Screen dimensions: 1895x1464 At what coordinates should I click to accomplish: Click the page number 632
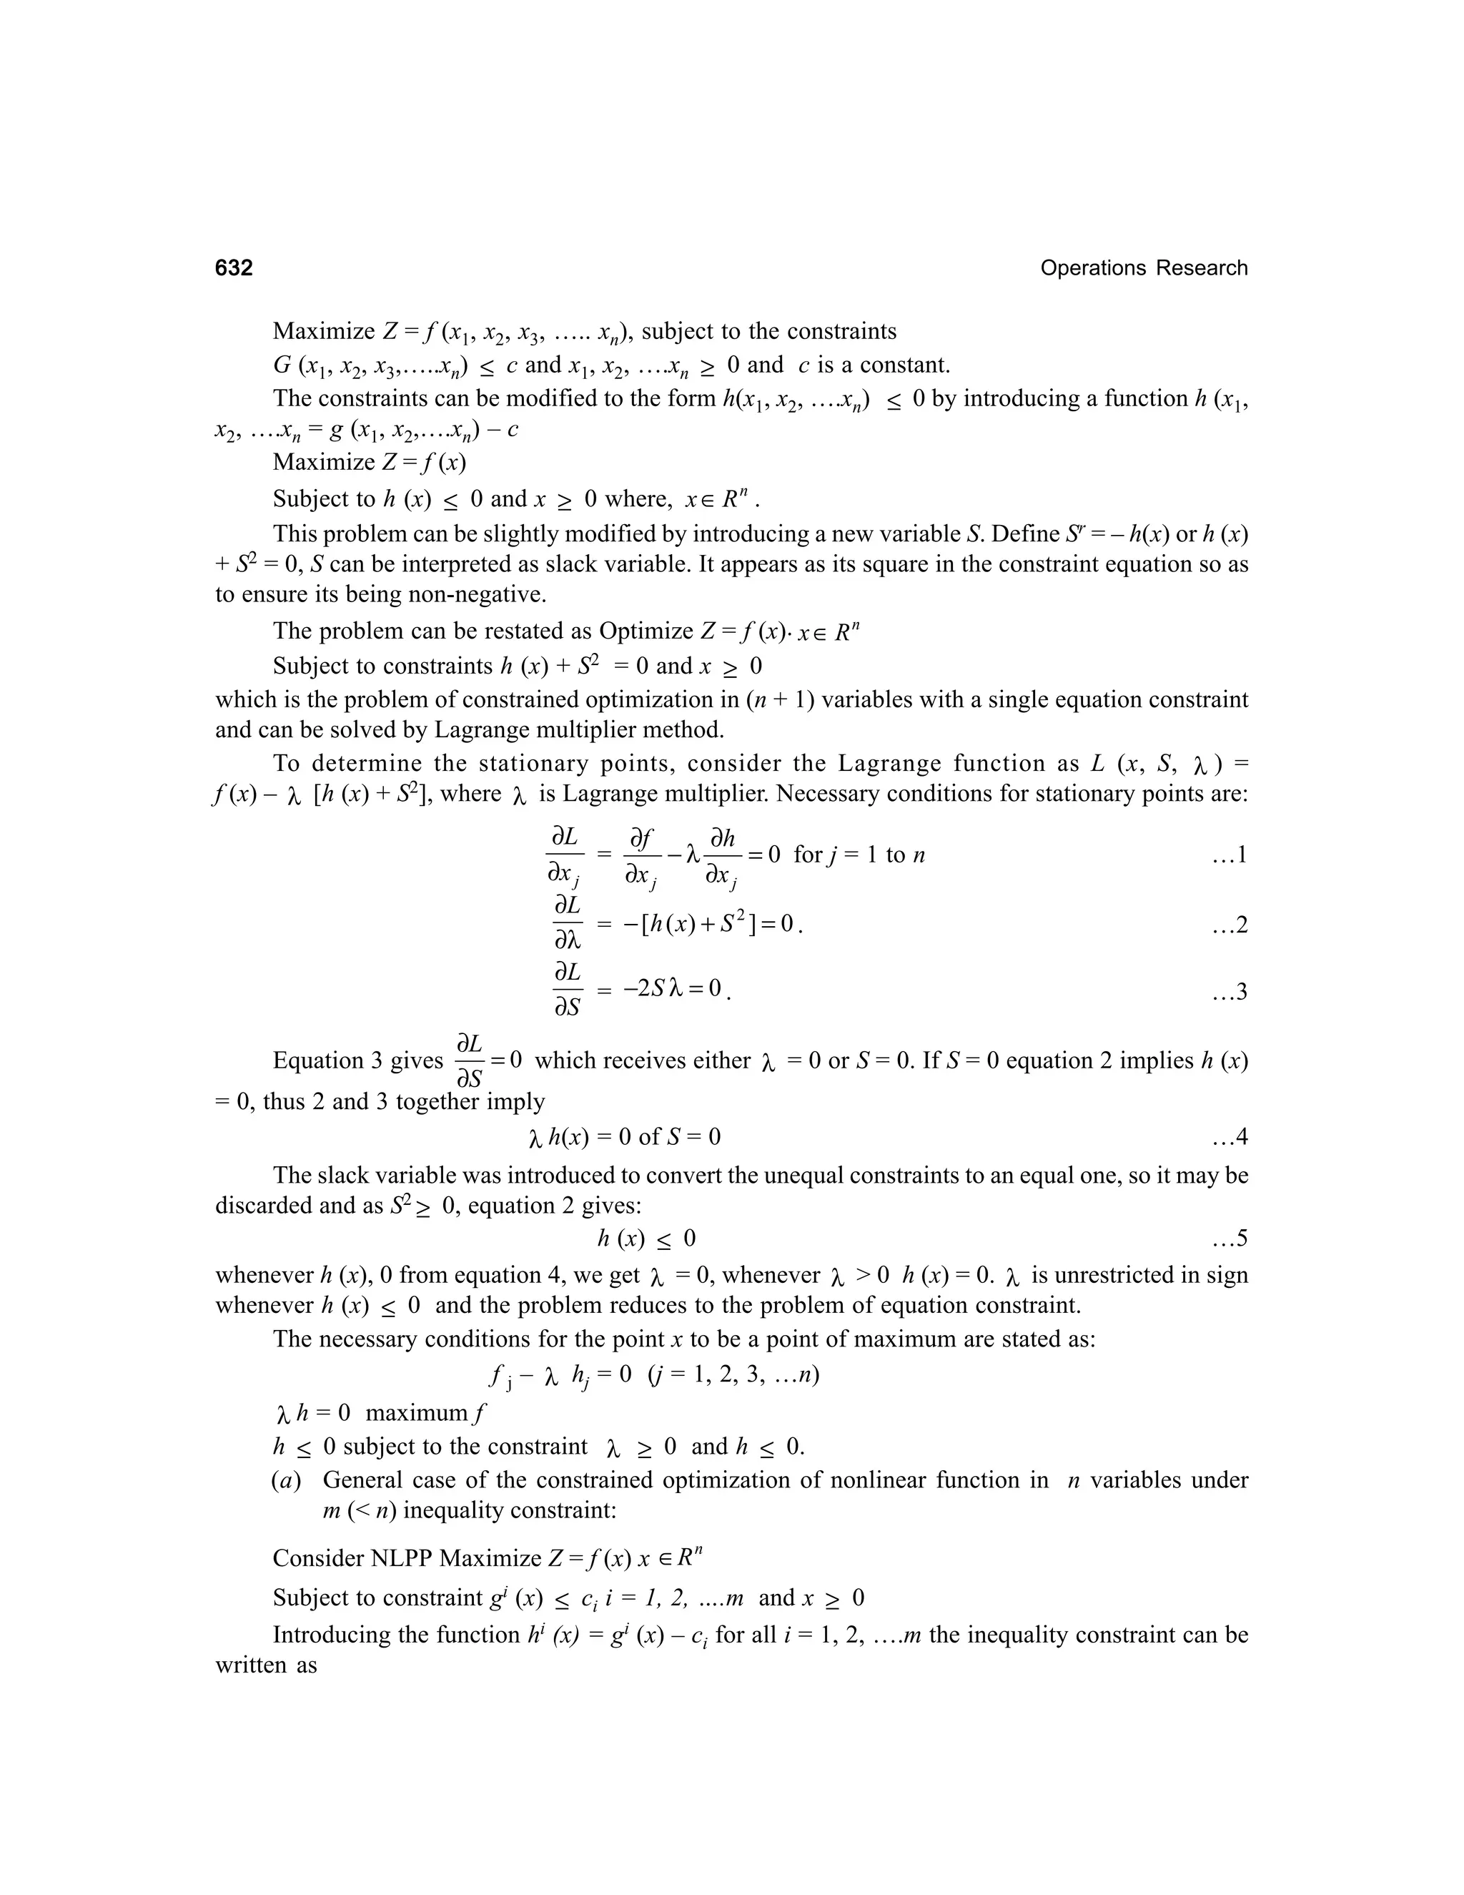click(x=234, y=268)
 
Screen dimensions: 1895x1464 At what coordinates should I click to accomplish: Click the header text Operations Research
click(x=1143, y=268)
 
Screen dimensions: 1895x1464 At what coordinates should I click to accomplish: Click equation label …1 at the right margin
click(x=1229, y=855)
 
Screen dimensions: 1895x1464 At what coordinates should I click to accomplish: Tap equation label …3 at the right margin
click(x=1229, y=991)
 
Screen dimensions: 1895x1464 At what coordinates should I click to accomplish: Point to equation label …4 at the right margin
click(x=1229, y=1137)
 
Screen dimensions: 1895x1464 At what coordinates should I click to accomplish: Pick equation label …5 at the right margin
click(x=1229, y=1238)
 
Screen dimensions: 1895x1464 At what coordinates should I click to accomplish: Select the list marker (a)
click(x=286, y=1480)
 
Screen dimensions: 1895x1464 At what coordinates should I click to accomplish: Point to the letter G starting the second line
click(x=282, y=366)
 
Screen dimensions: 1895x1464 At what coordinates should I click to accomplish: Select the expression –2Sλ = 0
click(x=672, y=988)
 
